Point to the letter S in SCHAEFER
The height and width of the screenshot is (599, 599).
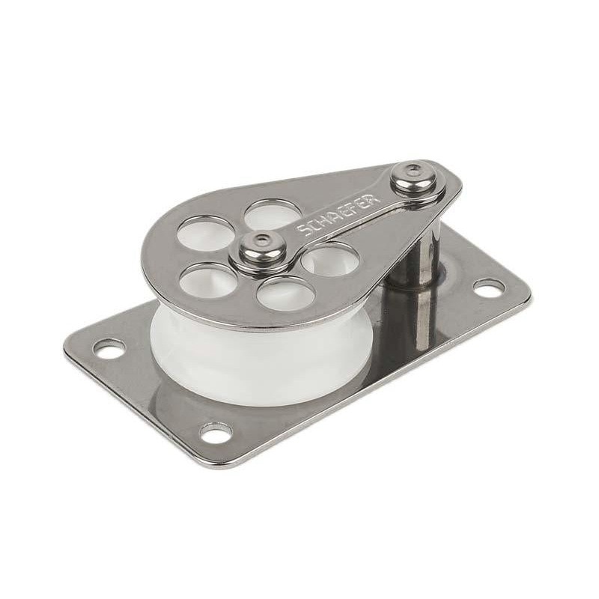(x=302, y=231)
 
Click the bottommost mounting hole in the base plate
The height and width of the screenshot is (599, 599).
(x=216, y=432)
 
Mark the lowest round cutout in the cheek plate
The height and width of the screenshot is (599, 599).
(x=284, y=293)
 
